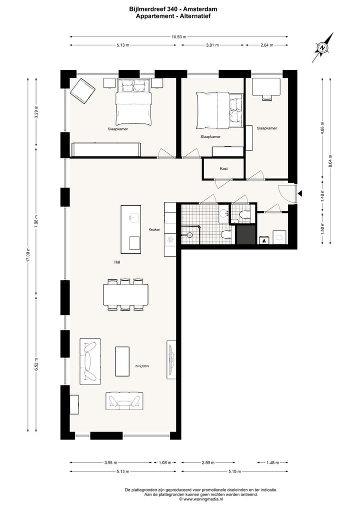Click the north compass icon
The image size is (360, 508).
coord(323,48)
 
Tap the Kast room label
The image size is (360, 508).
coord(224,169)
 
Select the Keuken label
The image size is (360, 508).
coord(154,229)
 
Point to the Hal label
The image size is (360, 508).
coord(117,262)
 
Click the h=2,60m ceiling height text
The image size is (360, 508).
coord(142,366)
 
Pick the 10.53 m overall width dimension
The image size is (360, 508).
coord(178,36)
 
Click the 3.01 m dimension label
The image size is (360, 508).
coord(213,45)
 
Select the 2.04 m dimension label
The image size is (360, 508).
coord(267,45)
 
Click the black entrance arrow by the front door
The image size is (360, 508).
coord(299,193)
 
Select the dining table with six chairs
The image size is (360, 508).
coord(125,295)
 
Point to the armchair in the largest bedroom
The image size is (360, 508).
coord(82,91)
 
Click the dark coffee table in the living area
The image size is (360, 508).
coord(122,361)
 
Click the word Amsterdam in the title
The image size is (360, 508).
coord(201,9)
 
